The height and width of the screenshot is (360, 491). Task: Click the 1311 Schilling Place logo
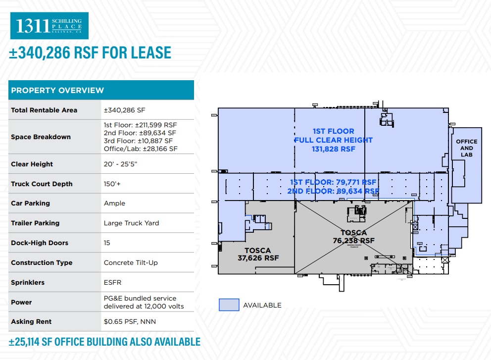point(49,26)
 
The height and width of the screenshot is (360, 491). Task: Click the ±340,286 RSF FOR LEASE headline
point(90,52)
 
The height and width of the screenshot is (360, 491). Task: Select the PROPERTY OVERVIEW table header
point(57,90)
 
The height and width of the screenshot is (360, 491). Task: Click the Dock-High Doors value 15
point(107,243)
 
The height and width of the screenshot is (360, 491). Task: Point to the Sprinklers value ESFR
point(112,282)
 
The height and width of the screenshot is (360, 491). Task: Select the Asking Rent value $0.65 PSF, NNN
point(130,321)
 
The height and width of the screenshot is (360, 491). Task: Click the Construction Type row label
point(42,262)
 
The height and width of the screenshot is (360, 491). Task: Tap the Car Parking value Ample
point(114,203)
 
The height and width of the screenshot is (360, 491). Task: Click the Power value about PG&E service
point(143,302)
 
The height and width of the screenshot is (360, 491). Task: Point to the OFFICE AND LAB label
point(466,148)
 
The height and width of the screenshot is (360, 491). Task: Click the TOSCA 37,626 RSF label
point(258,254)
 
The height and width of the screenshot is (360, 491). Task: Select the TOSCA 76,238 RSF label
point(353,237)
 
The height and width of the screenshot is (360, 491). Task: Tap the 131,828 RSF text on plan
point(333,149)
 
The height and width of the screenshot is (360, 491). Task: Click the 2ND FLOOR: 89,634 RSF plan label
point(333,191)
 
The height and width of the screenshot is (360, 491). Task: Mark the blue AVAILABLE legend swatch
point(229,305)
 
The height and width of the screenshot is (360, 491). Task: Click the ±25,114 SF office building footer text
point(104,342)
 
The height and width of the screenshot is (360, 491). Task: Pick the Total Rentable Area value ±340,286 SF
point(124,110)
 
